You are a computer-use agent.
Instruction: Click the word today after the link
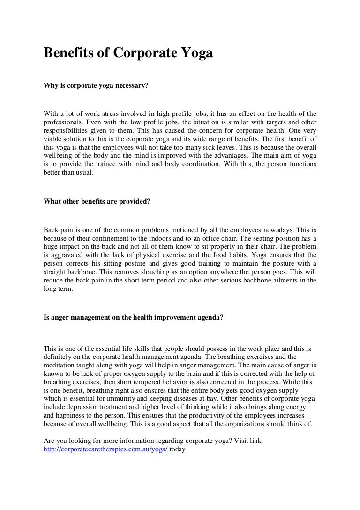[x=178, y=449]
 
